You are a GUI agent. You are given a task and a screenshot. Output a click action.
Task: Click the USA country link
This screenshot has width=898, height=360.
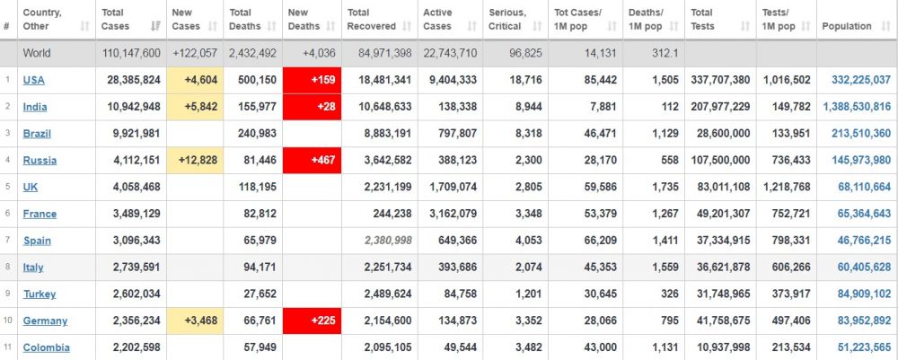(x=34, y=80)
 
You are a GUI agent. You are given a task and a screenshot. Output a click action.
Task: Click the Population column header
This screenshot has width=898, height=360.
(x=846, y=26)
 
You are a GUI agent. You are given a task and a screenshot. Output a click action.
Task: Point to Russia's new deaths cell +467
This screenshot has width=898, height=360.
(x=311, y=161)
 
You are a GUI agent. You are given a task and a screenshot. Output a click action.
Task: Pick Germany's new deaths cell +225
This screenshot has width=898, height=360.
(x=311, y=320)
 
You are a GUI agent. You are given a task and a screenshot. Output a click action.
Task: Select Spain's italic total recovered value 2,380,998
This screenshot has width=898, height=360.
(x=384, y=241)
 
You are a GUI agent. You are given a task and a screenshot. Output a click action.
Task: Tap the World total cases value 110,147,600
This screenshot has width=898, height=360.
(x=131, y=53)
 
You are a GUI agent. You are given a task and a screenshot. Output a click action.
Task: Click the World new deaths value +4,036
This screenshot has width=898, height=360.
(x=314, y=53)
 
